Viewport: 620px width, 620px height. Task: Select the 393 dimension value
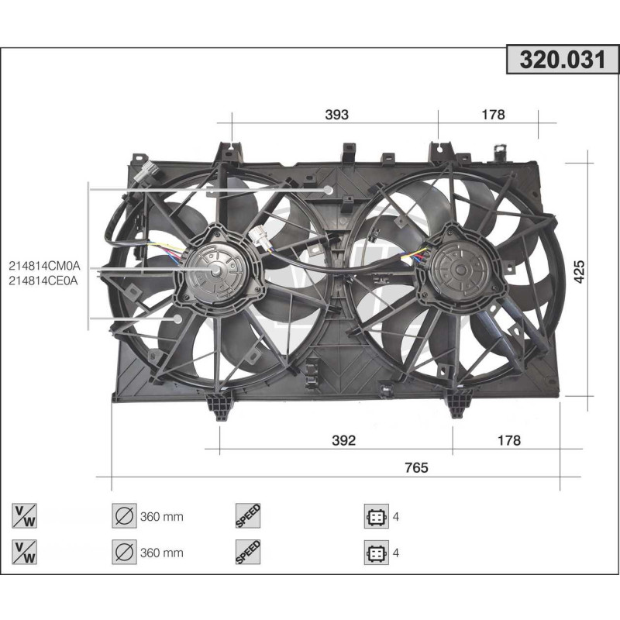coord(336,115)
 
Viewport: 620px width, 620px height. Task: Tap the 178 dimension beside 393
coord(493,115)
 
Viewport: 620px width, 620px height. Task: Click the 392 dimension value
coord(343,440)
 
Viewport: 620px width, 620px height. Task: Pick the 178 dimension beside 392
coord(508,440)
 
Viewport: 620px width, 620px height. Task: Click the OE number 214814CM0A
coord(44,266)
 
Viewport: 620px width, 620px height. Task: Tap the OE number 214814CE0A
coord(44,281)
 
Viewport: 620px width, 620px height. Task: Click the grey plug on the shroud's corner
coord(145,172)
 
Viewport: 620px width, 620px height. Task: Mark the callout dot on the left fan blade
coord(177,318)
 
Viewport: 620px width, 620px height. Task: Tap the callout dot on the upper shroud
coord(328,190)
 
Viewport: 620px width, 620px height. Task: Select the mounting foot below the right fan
coord(459,404)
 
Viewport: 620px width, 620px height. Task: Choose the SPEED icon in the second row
coord(248,553)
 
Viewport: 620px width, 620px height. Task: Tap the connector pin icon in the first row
coord(375,517)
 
